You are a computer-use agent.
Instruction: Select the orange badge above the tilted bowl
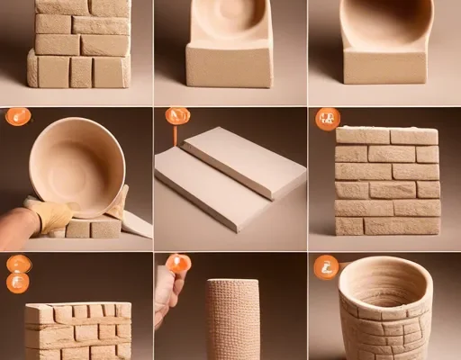[x=18, y=116]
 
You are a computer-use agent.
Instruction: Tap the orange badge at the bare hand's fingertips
[x=179, y=264]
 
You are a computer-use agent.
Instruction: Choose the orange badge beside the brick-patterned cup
[x=327, y=266]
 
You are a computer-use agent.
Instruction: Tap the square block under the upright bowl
[x=385, y=67]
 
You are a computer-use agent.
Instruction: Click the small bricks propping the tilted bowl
[x=90, y=228]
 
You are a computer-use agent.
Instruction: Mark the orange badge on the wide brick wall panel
[x=327, y=118]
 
